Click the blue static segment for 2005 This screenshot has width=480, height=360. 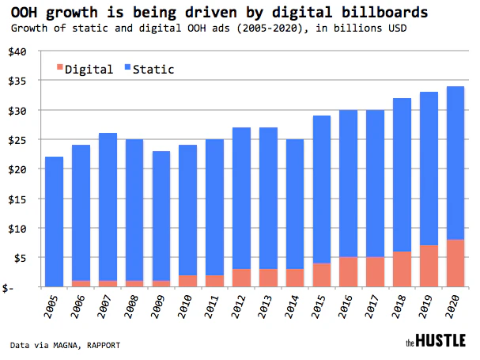pyautogui.click(x=54, y=222)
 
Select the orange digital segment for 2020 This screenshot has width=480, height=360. pyautogui.click(x=455, y=263)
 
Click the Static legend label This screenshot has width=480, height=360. pyautogui.click(x=154, y=70)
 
